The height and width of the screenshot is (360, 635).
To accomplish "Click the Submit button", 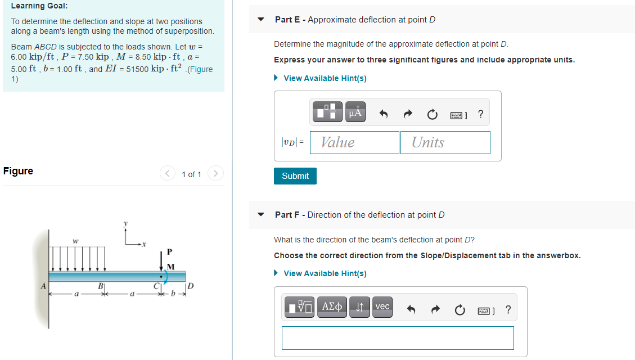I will coord(295,176).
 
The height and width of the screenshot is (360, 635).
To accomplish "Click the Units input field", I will coord(445,142).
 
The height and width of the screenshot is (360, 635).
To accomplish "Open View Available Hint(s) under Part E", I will coord(325,78).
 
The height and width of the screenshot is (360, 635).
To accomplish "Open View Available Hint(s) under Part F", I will coord(325,273).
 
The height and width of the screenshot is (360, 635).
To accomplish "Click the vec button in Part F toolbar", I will coord(382,307).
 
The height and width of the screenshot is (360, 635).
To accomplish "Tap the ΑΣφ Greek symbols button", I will coord(332,307).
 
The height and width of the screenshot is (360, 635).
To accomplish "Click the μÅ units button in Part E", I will coord(354,112).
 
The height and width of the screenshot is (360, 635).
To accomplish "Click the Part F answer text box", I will coord(398,337).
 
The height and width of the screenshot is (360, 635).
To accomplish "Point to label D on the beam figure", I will coord(190,286).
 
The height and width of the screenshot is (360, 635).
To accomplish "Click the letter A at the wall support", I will coord(43,286).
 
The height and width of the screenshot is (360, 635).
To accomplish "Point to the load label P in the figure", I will coord(169,251).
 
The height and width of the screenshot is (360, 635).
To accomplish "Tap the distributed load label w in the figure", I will coord(75,241).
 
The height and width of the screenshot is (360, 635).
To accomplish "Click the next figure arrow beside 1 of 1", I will coord(215,174).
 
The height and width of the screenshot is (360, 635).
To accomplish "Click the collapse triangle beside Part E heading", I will coord(260,20).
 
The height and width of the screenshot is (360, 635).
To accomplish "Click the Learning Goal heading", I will coord(39,6).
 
